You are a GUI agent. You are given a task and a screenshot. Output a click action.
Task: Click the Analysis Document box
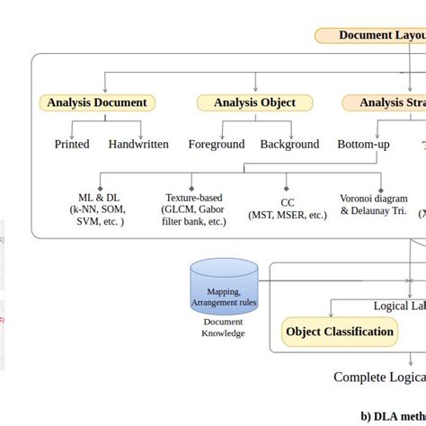coord(97,102)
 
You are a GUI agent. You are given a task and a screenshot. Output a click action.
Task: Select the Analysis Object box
coord(254,102)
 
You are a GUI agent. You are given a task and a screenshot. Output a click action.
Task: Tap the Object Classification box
coord(339,332)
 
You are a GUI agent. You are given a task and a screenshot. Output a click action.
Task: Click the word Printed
coord(72,144)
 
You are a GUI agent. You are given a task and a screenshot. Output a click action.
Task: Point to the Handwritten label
coord(138,144)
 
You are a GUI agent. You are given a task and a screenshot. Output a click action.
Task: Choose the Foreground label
coord(217,144)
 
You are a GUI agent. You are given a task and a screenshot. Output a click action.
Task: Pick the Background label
coord(289,144)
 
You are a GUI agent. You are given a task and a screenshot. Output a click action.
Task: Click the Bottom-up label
coord(363,144)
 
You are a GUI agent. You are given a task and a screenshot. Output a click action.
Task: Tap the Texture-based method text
coord(193,209)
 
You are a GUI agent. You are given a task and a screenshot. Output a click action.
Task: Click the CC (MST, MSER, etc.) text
coord(288,209)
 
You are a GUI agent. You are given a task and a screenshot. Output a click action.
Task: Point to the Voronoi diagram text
coord(373,204)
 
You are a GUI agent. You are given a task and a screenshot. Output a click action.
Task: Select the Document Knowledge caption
coord(223,327)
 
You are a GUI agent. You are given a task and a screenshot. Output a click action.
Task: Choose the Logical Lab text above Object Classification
coord(399,306)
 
